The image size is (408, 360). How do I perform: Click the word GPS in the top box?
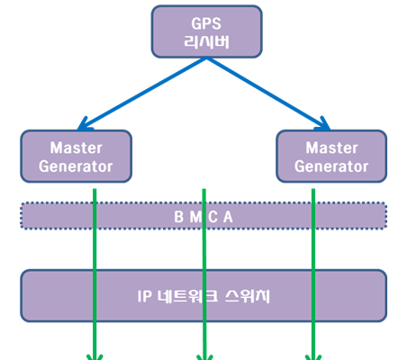(206, 23)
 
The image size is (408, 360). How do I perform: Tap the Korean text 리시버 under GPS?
(206, 41)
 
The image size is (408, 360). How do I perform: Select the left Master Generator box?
(77, 157)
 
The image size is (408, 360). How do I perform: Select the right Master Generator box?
(331, 157)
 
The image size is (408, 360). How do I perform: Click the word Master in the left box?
(77, 148)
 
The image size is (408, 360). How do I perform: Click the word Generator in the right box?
(331, 166)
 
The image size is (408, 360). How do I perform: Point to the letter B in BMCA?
(179, 217)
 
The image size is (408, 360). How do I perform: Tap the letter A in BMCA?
(228, 217)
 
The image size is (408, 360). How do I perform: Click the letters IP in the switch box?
(145, 296)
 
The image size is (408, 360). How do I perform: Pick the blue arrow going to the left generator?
(142, 94)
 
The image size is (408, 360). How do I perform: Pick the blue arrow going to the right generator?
(268, 94)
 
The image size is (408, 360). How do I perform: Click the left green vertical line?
(95, 274)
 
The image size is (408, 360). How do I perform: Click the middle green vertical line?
(204, 274)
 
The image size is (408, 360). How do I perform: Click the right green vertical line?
(313, 274)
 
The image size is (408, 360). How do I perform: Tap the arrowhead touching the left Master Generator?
(84, 125)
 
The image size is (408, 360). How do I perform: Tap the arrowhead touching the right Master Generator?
(323, 125)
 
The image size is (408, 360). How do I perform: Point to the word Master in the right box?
(331, 148)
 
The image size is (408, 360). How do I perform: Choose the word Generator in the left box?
(76, 166)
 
